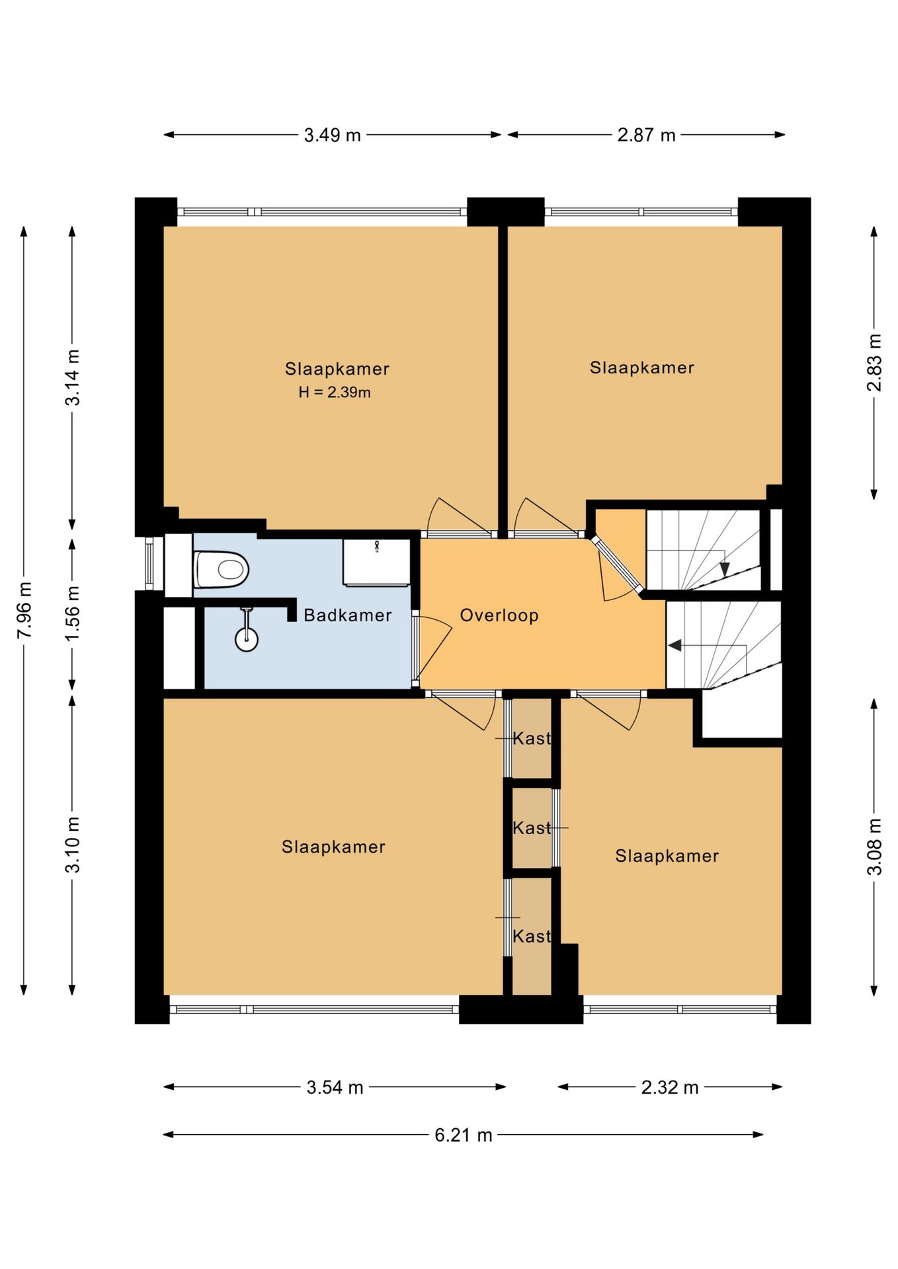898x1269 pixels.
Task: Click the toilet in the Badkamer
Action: coord(222,569)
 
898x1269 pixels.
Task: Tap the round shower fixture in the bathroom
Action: coord(247,639)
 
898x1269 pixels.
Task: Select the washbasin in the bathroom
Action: coord(376,562)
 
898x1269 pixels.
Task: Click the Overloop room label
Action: coord(499,615)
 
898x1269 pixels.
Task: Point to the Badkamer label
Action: coord(348,615)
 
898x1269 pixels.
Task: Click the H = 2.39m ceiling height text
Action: coord(335,392)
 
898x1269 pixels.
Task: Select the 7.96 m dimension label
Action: coord(24,610)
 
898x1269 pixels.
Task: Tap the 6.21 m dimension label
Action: coord(464,1135)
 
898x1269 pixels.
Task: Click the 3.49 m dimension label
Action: coord(333,135)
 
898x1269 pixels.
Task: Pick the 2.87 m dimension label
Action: coord(647,135)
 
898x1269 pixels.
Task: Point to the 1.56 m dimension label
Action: coord(73,612)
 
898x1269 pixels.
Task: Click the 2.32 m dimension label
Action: coord(670,1087)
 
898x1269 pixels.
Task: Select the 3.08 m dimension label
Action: coord(874,847)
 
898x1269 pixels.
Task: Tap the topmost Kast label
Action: coord(532,738)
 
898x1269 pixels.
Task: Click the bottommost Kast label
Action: coord(532,936)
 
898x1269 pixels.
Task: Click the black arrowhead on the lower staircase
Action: coord(674,645)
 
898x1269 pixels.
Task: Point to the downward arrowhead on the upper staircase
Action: coord(725,569)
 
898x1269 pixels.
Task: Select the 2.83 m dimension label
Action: coord(874,363)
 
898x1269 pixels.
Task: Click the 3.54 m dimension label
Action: coord(335,1087)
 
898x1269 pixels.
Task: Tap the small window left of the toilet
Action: coord(150,564)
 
